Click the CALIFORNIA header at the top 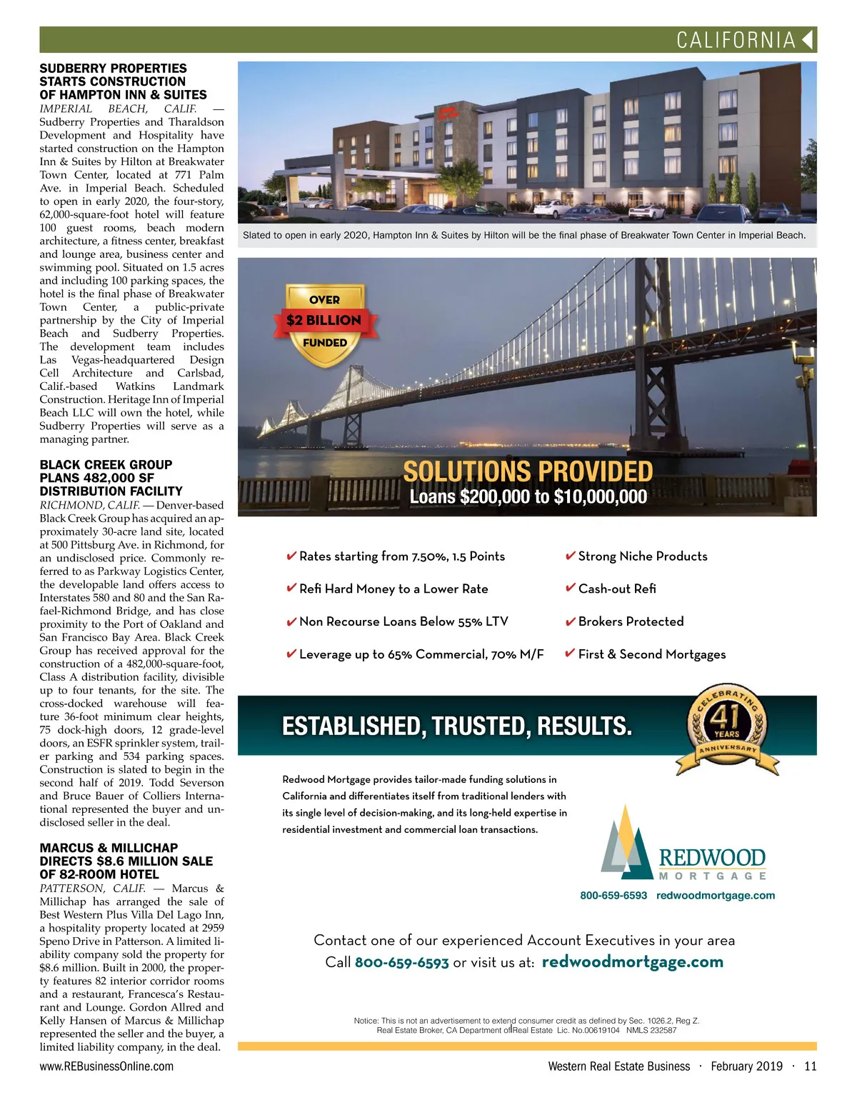coord(736,40)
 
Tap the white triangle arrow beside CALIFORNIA coord(808,39)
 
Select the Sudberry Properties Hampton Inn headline coord(123,81)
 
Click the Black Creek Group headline coord(111,478)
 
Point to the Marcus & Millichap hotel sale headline coord(126,861)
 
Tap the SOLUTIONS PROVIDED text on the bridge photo coord(528,471)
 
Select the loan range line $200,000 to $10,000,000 coord(528,497)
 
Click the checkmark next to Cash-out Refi coord(570,588)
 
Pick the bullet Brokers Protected coord(631,621)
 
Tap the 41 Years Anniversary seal coord(727,731)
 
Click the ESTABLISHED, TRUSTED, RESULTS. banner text coord(457,726)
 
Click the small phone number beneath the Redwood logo coord(613,896)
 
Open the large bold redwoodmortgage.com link coord(633,961)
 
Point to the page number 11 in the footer coord(810,1066)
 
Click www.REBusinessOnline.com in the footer coord(106,1066)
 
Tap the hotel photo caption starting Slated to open coord(524,235)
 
